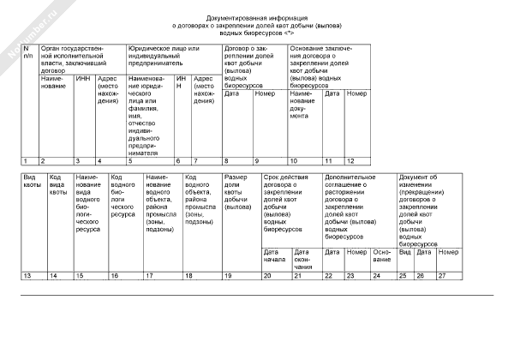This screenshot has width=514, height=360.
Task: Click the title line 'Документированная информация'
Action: (x=255, y=18)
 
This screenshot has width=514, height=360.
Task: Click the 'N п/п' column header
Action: (x=27, y=53)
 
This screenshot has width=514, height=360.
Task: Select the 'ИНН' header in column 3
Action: (x=82, y=78)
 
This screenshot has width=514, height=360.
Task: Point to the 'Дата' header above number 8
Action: (x=231, y=93)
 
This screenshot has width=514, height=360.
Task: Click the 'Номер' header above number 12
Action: (x=356, y=93)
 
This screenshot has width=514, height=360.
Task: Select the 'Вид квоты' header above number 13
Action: (x=31, y=183)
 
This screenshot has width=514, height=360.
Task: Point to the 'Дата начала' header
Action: (x=271, y=255)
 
